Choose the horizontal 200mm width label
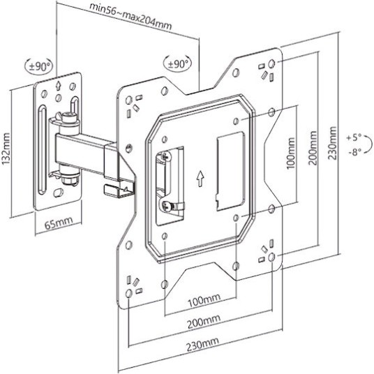click(x=204, y=321)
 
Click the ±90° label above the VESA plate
click(x=179, y=63)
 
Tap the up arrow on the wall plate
click(x=58, y=89)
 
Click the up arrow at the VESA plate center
click(x=200, y=179)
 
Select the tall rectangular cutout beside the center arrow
click(x=227, y=170)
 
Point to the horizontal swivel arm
click(x=84, y=148)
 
